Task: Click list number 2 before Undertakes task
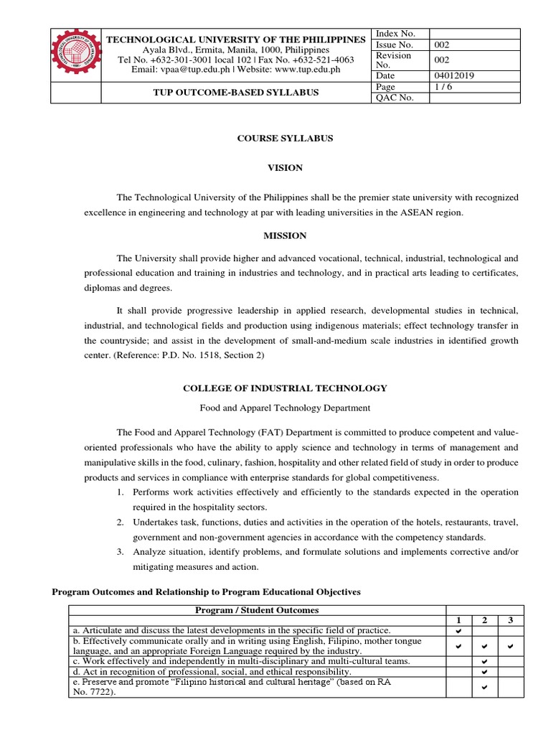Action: pyautogui.click(x=121, y=522)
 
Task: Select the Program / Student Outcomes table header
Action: pyautogui.click(x=257, y=610)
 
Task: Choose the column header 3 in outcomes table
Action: pyautogui.click(x=509, y=620)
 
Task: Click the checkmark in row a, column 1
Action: pyautogui.click(x=458, y=630)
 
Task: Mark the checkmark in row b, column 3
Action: pyautogui.click(x=509, y=646)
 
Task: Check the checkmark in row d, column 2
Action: pyautogui.click(x=484, y=672)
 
